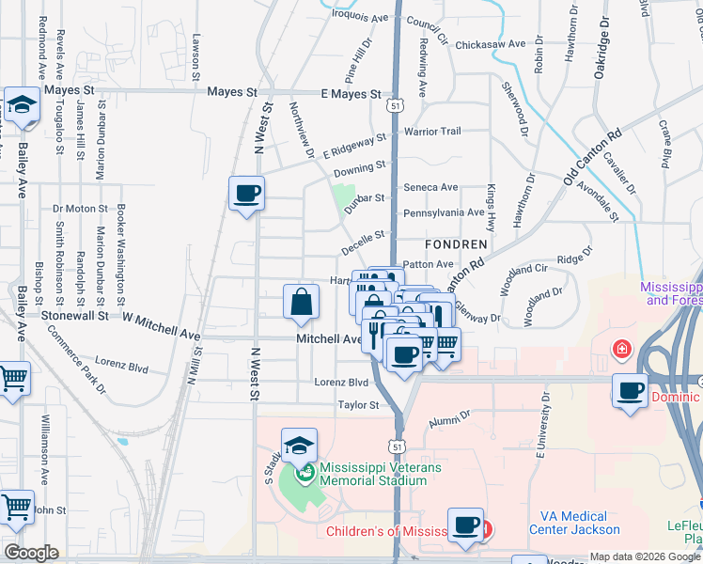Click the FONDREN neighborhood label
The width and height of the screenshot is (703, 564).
coord(456,244)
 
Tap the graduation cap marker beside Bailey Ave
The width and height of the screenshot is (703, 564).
coord(21,106)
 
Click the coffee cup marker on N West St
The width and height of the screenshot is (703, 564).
coord(246,194)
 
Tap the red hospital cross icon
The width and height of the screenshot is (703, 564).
coord(621,351)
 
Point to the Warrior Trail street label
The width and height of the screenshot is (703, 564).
coord(432,132)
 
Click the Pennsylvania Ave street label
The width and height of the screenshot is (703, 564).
coord(444,213)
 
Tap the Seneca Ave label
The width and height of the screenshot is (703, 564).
coord(430,187)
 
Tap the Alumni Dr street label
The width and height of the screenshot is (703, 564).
coord(449,415)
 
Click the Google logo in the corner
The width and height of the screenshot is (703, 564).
coord(32,553)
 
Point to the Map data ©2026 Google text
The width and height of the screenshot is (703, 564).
coord(644,556)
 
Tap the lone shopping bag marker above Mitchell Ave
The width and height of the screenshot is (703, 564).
coord(301,302)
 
